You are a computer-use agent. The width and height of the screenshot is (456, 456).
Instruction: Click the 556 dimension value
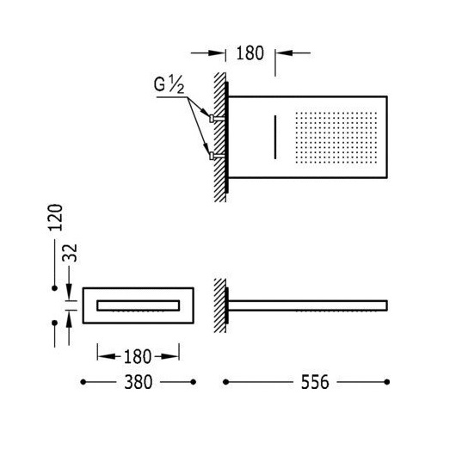(x=315, y=382)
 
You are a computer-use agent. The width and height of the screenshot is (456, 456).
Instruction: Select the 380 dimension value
(x=139, y=382)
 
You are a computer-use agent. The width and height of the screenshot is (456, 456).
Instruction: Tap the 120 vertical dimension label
(x=55, y=218)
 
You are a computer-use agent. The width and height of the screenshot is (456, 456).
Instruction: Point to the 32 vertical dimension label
(x=71, y=253)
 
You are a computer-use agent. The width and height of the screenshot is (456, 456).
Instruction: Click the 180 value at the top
(x=250, y=53)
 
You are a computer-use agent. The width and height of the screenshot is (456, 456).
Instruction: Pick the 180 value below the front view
(x=138, y=356)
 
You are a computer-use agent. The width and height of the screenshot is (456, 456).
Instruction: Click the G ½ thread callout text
(x=169, y=84)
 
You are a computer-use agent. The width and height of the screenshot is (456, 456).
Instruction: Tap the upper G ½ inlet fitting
(x=217, y=119)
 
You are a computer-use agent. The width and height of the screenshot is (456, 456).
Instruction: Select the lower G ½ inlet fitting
(x=217, y=157)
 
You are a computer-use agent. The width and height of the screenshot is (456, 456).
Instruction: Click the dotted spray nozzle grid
(x=336, y=138)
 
